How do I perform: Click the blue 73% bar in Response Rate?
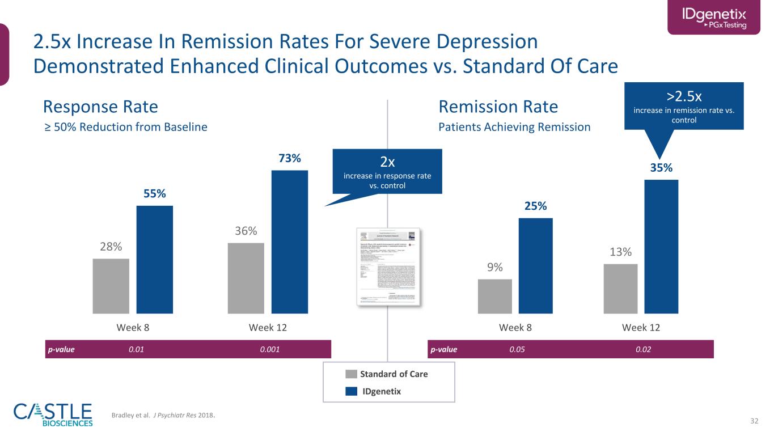(x=290, y=242)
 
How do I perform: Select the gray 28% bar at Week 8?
(x=111, y=286)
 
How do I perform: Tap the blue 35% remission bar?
(x=661, y=246)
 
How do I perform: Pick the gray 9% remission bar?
(x=495, y=296)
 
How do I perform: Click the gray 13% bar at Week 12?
(x=620, y=289)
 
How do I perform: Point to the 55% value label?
(x=155, y=194)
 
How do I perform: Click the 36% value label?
(x=246, y=231)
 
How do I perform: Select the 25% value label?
(x=535, y=206)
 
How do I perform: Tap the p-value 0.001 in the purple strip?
(x=270, y=349)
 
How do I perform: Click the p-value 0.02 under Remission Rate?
(x=643, y=349)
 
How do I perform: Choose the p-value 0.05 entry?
(x=517, y=349)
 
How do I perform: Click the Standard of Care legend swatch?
(x=352, y=374)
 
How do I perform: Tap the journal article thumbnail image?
(x=389, y=267)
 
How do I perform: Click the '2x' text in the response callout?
(x=387, y=162)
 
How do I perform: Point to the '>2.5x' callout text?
(x=683, y=94)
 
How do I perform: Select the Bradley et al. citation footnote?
(x=164, y=416)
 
